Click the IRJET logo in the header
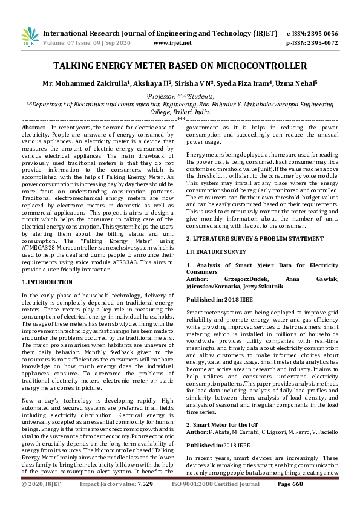[26, 38]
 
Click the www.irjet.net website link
[172, 43]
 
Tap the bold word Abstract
[33, 128]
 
